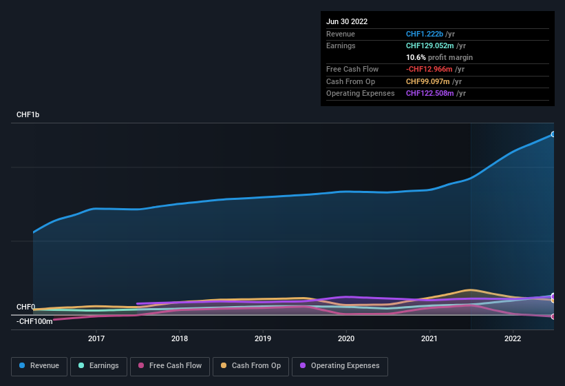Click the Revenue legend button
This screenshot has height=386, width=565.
39,366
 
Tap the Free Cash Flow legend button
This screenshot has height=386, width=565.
170,366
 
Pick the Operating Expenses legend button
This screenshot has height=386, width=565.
339,366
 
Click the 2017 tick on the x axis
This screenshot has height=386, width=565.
96,338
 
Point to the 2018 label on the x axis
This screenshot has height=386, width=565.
180,338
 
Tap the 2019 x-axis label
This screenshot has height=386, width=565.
263,338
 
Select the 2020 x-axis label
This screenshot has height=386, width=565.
346,338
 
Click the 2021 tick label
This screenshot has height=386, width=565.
429,338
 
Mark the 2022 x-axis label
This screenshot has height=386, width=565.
513,338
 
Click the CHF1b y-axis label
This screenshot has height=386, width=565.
28,115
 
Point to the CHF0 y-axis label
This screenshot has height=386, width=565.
25,307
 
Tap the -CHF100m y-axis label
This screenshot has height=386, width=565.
34,321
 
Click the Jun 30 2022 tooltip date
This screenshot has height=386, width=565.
347,21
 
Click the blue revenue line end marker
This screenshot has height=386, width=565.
553,134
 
